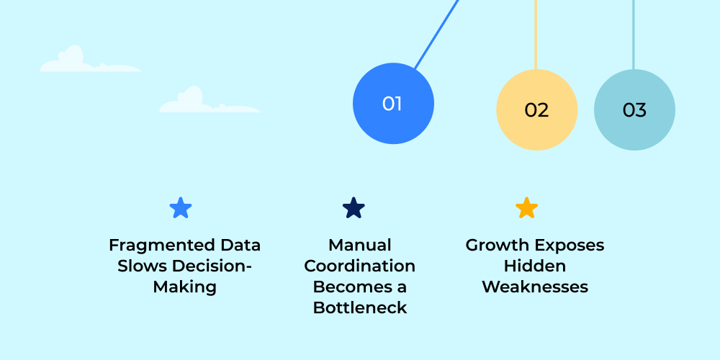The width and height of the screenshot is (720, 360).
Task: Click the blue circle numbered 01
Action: point(393,104)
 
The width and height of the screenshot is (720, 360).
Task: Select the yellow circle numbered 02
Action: point(536,110)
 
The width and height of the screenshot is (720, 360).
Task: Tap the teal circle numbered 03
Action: point(634,110)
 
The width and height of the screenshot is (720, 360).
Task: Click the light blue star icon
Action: point(181,208)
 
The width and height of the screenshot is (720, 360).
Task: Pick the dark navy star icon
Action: point(354,208)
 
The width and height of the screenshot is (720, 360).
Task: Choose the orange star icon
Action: point(527,208)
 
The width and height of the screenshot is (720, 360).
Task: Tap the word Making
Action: point(184,287)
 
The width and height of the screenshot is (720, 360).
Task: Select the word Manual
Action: point(359,245)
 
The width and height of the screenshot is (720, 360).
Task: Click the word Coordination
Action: point(359,266)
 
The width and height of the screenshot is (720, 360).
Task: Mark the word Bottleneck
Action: point(359,307)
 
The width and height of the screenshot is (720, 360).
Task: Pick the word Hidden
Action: point(534,266)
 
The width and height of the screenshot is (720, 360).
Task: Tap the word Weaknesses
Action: point(534,287)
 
